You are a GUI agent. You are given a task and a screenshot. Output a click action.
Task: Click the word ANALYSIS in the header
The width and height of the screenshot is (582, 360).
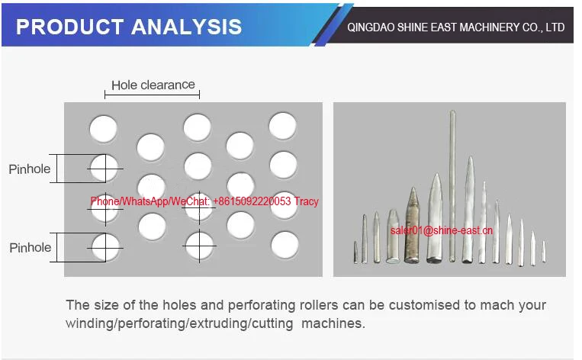pos(187,27)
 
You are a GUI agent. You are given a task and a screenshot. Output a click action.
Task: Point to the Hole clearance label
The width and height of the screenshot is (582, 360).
pos(153,85)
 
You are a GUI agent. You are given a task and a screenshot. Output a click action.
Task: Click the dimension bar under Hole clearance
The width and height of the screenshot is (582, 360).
pos(152,95)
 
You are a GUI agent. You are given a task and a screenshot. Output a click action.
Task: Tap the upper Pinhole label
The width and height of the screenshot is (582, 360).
pos(30,169)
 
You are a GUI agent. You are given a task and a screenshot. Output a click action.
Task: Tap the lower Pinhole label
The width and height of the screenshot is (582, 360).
pos(30,247)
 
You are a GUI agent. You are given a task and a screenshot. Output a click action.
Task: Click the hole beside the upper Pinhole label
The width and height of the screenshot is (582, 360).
pos(104,168)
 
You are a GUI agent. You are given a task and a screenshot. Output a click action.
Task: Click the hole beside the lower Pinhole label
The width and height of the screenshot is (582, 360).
pos(104,246)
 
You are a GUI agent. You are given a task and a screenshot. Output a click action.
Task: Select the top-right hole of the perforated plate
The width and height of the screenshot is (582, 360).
pos(282,126)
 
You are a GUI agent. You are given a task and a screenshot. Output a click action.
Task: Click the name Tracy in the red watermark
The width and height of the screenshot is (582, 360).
pos(306,201)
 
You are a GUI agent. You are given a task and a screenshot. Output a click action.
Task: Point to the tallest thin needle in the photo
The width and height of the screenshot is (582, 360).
pos(452,183)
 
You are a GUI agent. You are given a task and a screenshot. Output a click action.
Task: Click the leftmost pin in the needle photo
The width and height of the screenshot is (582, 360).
pos(355,252)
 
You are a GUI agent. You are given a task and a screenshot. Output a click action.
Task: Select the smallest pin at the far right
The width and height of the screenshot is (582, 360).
pos(544,253)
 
